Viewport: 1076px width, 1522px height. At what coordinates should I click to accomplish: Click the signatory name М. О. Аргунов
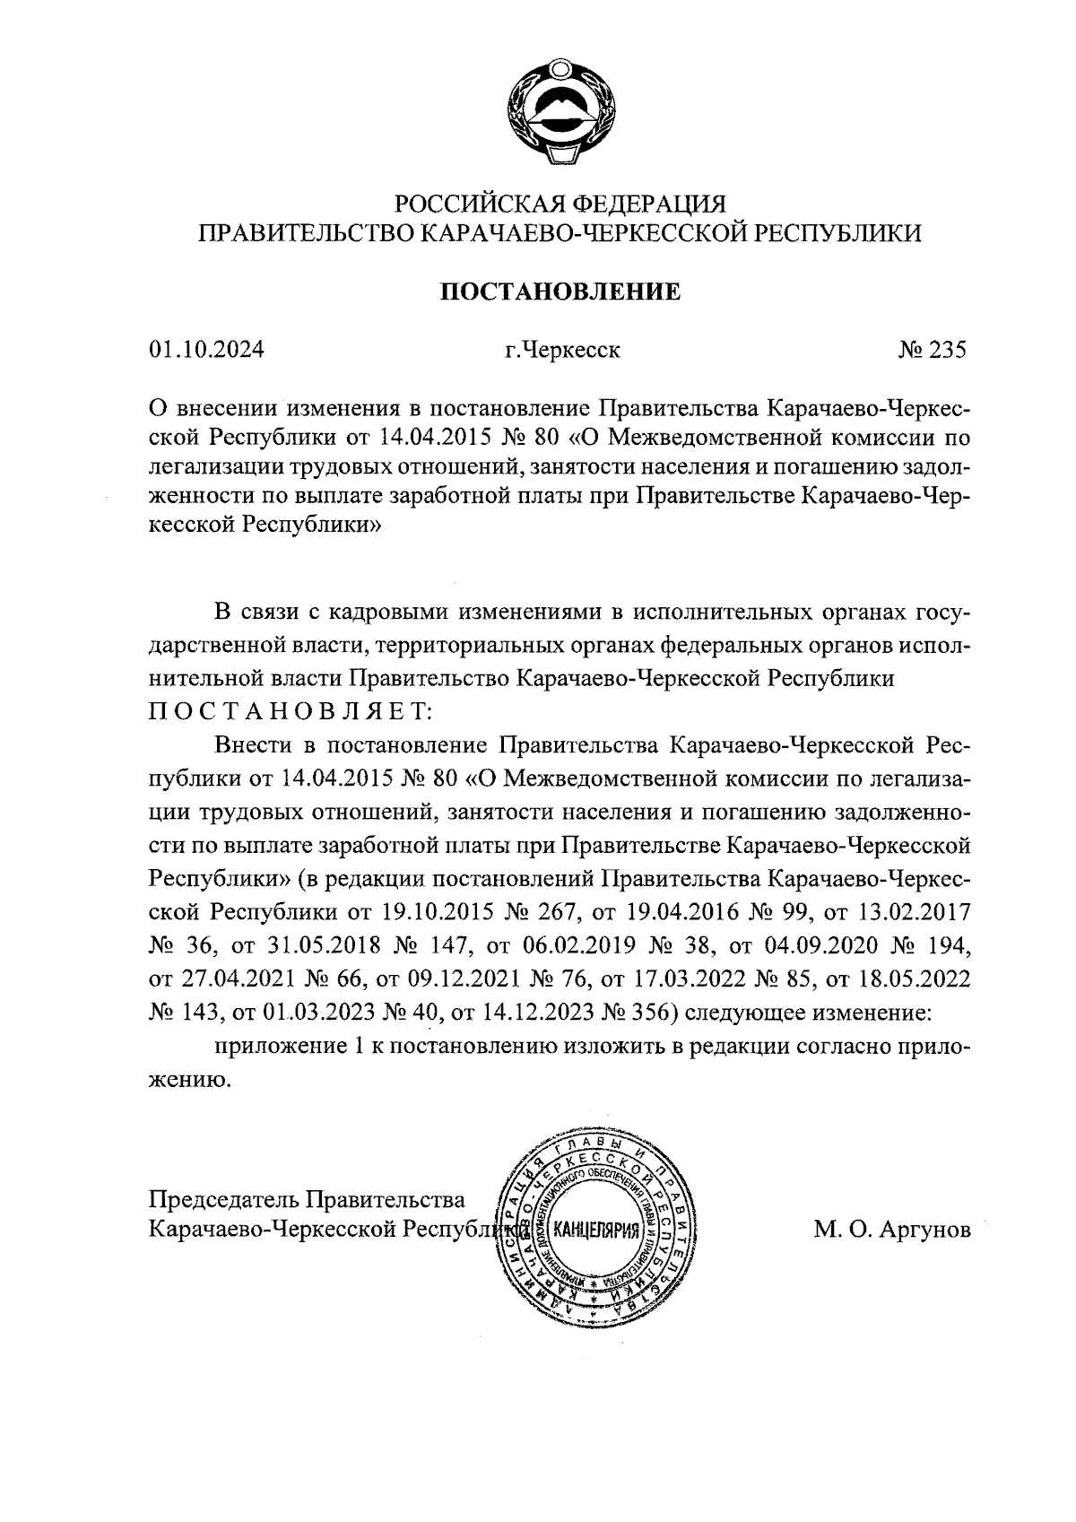(x=892, y=1231)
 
